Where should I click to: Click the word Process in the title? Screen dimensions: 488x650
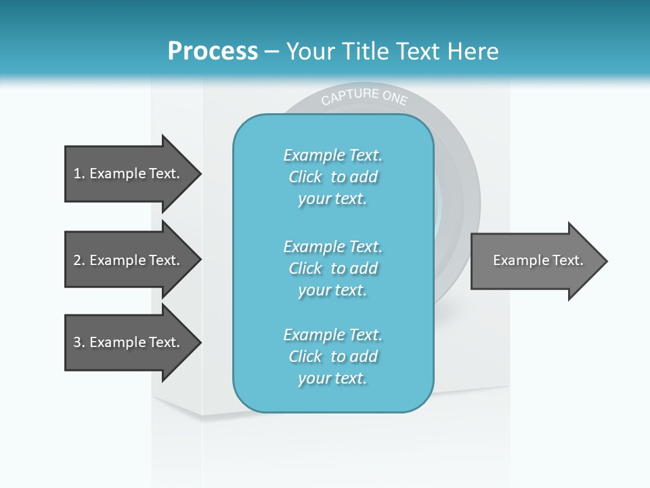coord(213,51)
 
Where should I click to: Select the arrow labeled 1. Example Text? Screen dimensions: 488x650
coord(129,174)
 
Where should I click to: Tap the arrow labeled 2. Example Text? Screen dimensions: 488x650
coord(129,260)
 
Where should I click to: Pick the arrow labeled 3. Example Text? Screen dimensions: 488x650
coord(129,342)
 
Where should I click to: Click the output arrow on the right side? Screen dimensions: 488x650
coord(535,260)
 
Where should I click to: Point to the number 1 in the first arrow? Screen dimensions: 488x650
coord(77,174)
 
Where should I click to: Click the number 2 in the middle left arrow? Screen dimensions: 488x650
coord(77,260)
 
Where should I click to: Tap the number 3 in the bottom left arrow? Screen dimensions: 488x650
coord(77,342)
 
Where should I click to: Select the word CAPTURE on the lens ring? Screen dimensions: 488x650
coord(349,96)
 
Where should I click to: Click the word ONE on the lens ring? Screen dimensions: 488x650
coord(395,98)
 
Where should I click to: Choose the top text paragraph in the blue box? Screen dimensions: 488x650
coord(332,177)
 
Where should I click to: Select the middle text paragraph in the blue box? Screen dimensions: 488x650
coord(332,268)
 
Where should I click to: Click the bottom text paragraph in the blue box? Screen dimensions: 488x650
coord(332,357)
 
